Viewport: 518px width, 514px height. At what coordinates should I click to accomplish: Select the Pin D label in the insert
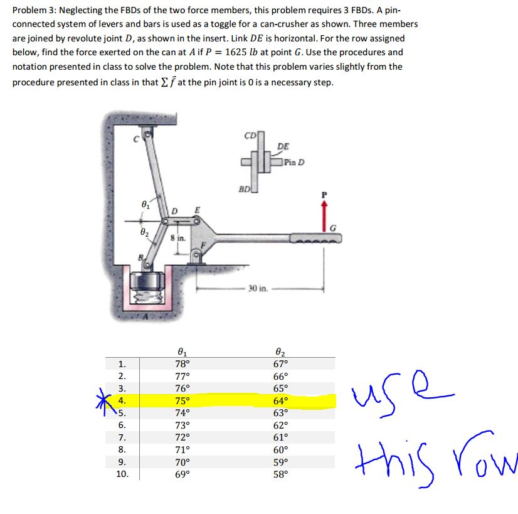pyautogui.click(x=293, y=163)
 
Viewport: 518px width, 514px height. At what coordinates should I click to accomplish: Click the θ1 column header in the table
pyautogui.click(x=182, y=353)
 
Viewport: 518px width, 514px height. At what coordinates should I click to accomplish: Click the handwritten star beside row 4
pyautogui.click(x=102, y=400)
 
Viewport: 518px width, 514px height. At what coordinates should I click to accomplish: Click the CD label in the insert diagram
pyautogui.click(x=250, y=134)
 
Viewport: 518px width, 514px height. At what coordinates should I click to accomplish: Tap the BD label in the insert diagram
pyautogui.click(x=245, y=188)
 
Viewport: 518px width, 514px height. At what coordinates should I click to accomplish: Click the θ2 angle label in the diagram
pyautogui.click(x=145, y=233)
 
